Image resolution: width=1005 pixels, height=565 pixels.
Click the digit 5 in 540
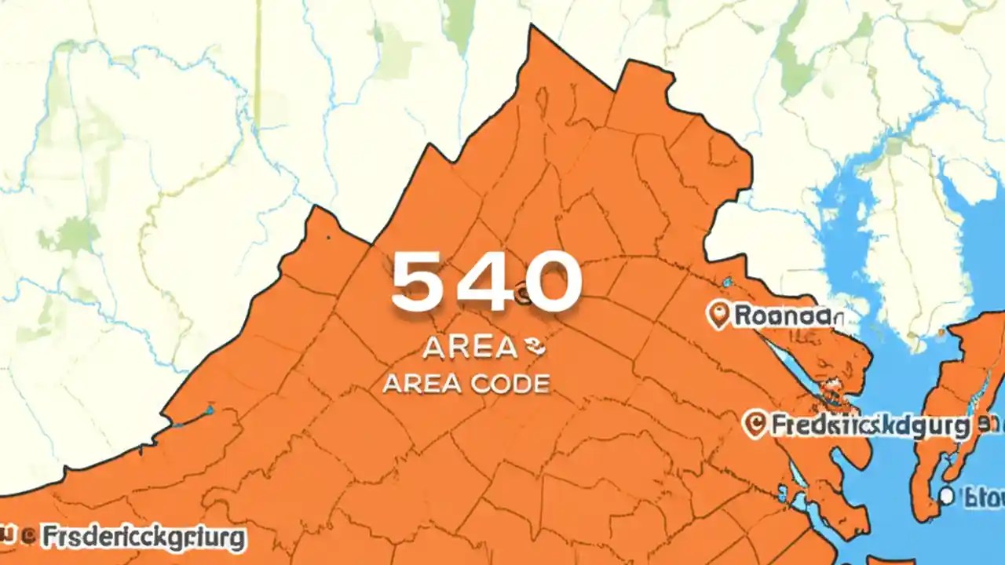[x=420, y=282]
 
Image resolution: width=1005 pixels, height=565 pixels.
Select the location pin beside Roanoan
[x=718, y=315]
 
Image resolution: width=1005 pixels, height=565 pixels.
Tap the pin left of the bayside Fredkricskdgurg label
[x=754, y=425]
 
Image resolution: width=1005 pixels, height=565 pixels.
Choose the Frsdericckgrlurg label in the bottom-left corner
[x=142, y=539]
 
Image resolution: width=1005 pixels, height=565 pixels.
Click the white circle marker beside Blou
[x=947, y=496]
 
